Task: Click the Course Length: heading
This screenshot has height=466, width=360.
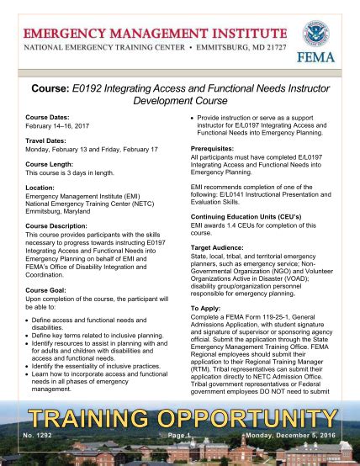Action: [x=51, y=163]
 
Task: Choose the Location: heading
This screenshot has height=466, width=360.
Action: [x=40, y=187]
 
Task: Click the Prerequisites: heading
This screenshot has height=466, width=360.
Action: [x=217, y=148]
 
